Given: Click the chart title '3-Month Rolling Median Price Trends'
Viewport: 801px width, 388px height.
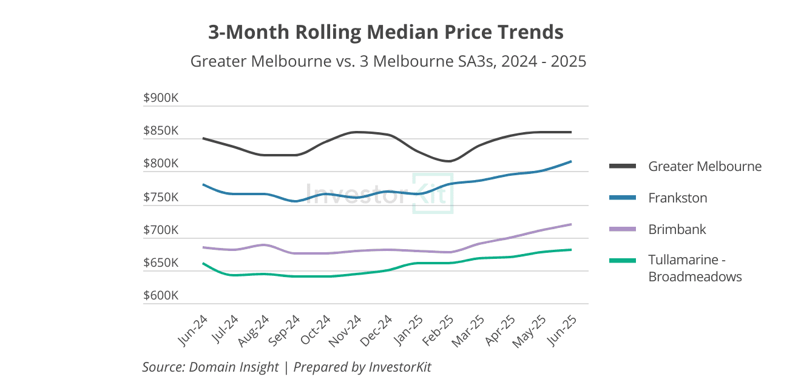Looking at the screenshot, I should (x=386, y=32).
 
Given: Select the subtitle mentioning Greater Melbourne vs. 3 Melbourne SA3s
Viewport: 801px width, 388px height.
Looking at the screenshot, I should (x=388, y=62).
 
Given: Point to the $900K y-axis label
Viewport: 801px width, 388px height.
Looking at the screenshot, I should (x=160, y=98).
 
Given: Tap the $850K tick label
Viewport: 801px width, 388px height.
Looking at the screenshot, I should (x=160, y=131).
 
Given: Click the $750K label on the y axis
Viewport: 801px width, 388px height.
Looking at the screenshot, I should (x=160, y=198).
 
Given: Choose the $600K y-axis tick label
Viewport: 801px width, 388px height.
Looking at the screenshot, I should (x=160, y=296).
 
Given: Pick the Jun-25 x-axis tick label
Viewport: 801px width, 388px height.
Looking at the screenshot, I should (x=563, y=331).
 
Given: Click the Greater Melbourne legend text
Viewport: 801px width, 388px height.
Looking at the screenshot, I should (x=705, y=166).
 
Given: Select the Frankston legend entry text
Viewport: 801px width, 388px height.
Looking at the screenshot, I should (x=677, y=198).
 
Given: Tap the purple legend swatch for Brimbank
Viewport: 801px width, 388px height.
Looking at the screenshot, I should (x=622, y=229).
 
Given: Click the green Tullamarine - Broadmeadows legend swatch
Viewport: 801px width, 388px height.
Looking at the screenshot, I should (x=622, y=261).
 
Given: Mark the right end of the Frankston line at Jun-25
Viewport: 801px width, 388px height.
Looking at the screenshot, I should (x=571, y=161).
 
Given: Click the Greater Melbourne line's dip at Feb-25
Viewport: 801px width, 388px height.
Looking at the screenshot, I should (x=448, y=161).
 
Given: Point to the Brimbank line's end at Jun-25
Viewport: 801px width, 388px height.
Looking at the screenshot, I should (x=571, y=224).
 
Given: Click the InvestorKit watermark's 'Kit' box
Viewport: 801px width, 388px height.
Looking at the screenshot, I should (x=433, y=193).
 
